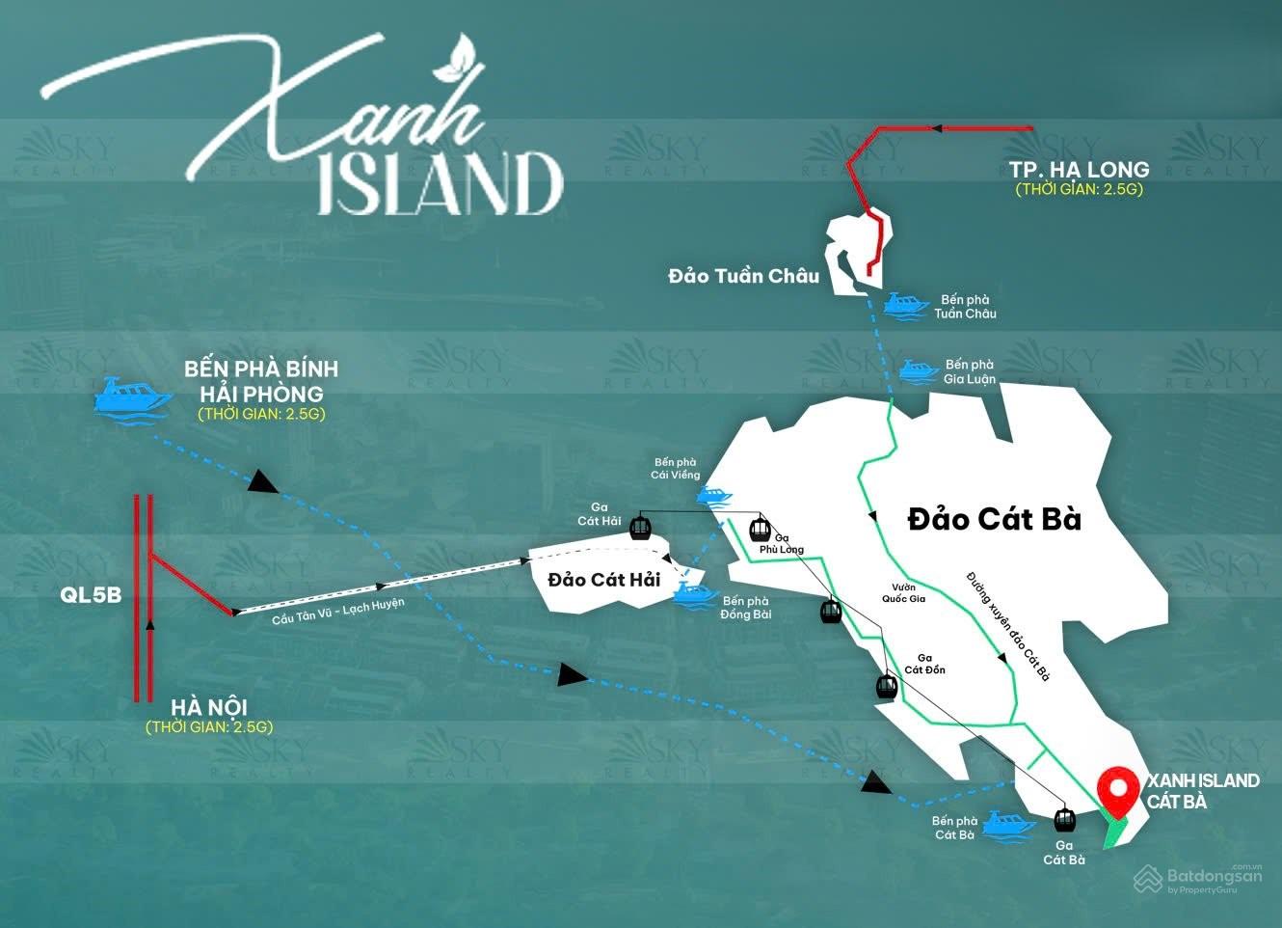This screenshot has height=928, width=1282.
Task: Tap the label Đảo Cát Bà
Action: (x=994, y=519)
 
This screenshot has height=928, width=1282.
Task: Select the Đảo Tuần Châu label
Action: (x=743, y=276)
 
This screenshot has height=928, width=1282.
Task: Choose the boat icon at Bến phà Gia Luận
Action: (x=918, y=371)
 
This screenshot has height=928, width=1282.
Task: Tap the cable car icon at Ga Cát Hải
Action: (x=639, y=528)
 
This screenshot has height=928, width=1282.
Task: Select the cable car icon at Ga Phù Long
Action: (x=761, y=529)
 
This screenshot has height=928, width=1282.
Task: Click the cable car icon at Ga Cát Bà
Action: (x=1064, y=819)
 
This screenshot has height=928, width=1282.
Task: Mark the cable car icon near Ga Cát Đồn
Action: (x=886, y=686)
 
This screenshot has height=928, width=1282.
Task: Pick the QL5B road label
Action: (x=91, y=594)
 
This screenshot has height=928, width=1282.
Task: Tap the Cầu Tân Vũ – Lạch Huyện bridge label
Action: (x=337, y=612)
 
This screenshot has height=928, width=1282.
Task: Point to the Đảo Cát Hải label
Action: (x=603, y=580)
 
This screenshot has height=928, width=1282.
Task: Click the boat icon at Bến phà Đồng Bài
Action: (x=693, y=591)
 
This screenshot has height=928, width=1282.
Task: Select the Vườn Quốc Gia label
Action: (x=903, y=592)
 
